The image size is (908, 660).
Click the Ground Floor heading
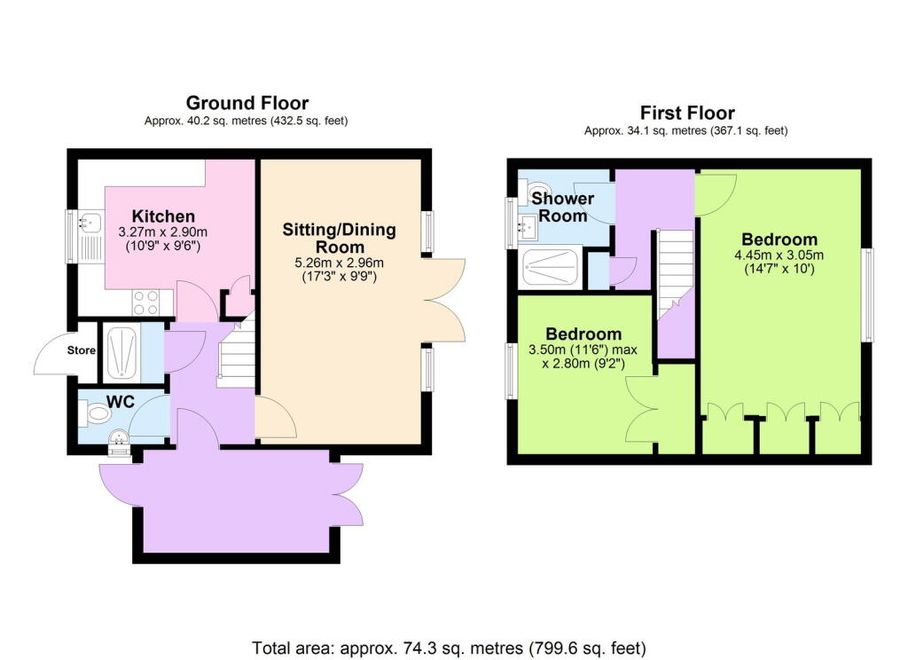(247, 103)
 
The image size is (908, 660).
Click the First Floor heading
(687, 113)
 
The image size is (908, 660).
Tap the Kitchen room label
(163, 216)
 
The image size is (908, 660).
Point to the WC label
(120, 402)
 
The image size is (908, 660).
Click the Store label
(82, 350)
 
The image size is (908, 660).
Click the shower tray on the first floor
(552, 267)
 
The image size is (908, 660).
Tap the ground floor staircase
(237, 355)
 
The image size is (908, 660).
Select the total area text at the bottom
(449, 646)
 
